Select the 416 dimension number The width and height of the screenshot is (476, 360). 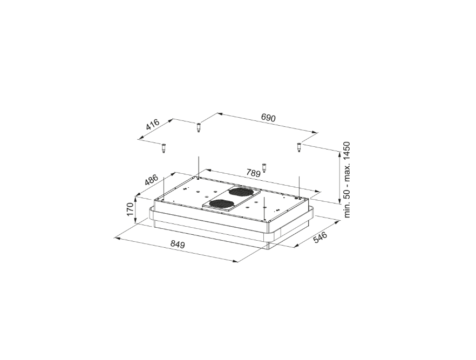click(x=153, y=125)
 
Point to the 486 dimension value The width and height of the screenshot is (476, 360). click(x=151, y=180)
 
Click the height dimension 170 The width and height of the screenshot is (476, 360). click(x=130, y=209)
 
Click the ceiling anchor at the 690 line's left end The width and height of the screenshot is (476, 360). click(x=198, y=128)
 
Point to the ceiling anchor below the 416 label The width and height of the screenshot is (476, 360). click(x=163, y=147)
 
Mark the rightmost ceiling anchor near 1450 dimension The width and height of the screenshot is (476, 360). click(x=298, y=147)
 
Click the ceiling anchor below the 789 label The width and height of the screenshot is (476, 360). click(x=264, y=167)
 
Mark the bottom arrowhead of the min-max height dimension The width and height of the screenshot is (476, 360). click(x=339, y=203)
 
